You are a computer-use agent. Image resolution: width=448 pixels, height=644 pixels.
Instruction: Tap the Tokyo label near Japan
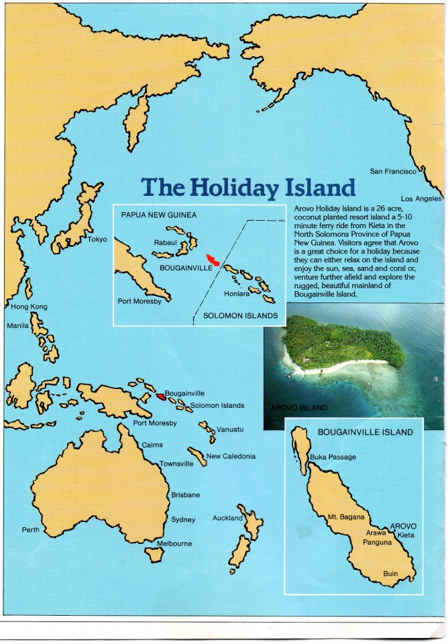[x=98, y=239]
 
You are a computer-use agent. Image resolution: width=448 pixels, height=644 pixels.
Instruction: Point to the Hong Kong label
[x=30, y=307]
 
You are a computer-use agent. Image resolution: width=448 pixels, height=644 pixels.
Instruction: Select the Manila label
[x=17, y=325]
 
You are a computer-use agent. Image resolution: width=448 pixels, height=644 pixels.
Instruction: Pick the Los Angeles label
[x=421, y=199]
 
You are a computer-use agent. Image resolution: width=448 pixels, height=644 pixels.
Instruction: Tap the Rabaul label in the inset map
[x=166, y=243]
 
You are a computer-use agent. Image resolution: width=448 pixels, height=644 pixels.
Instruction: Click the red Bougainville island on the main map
[x=160, y=396]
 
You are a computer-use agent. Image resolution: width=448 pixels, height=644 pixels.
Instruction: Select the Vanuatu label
[x=230, y=429]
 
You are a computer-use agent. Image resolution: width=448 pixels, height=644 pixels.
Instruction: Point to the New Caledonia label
[x=231, y=456]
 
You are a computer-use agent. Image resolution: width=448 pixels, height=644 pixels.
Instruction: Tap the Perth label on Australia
[x=31, y=530]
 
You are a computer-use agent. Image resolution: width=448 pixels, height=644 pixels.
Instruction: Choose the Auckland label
[x=227, y=518]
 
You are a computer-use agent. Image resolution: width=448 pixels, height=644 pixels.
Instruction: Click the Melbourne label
[x=174, y=543]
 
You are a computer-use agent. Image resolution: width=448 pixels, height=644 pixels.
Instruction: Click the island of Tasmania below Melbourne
[x=156, y=555]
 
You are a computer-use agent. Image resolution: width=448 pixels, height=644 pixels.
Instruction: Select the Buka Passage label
[x=333, y=457]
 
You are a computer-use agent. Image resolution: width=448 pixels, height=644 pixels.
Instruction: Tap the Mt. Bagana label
[x=346, y=517]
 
